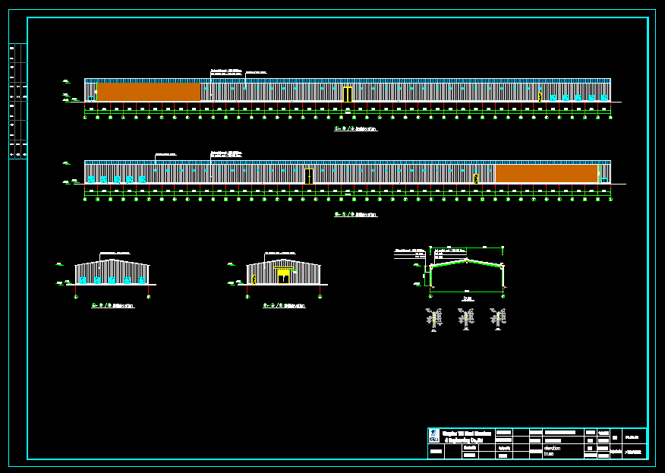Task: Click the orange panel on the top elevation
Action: pos(148,92)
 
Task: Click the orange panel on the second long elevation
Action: pos(546,174)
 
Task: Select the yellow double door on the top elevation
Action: pos(347,94)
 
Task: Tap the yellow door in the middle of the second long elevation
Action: pos(308,176)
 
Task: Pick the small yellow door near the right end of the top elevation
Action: pos(540,96)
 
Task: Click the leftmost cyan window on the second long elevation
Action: pos(91,179)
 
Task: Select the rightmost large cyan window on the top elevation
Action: pos(604,98)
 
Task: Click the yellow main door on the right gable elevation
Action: pos(283,276)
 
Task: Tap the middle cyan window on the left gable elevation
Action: pos(112,280)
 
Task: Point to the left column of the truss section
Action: pos(431,276)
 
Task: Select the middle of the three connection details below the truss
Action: pos(466,318)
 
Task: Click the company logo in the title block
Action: pos(433,437)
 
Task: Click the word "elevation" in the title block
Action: pos(552,448)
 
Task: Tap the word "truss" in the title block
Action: pos(548,454)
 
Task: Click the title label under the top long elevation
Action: pos(356,129)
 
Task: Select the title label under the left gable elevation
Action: pos(112,306)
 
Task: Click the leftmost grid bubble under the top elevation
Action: pos(84,117)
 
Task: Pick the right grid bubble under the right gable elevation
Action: pos(320,297)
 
